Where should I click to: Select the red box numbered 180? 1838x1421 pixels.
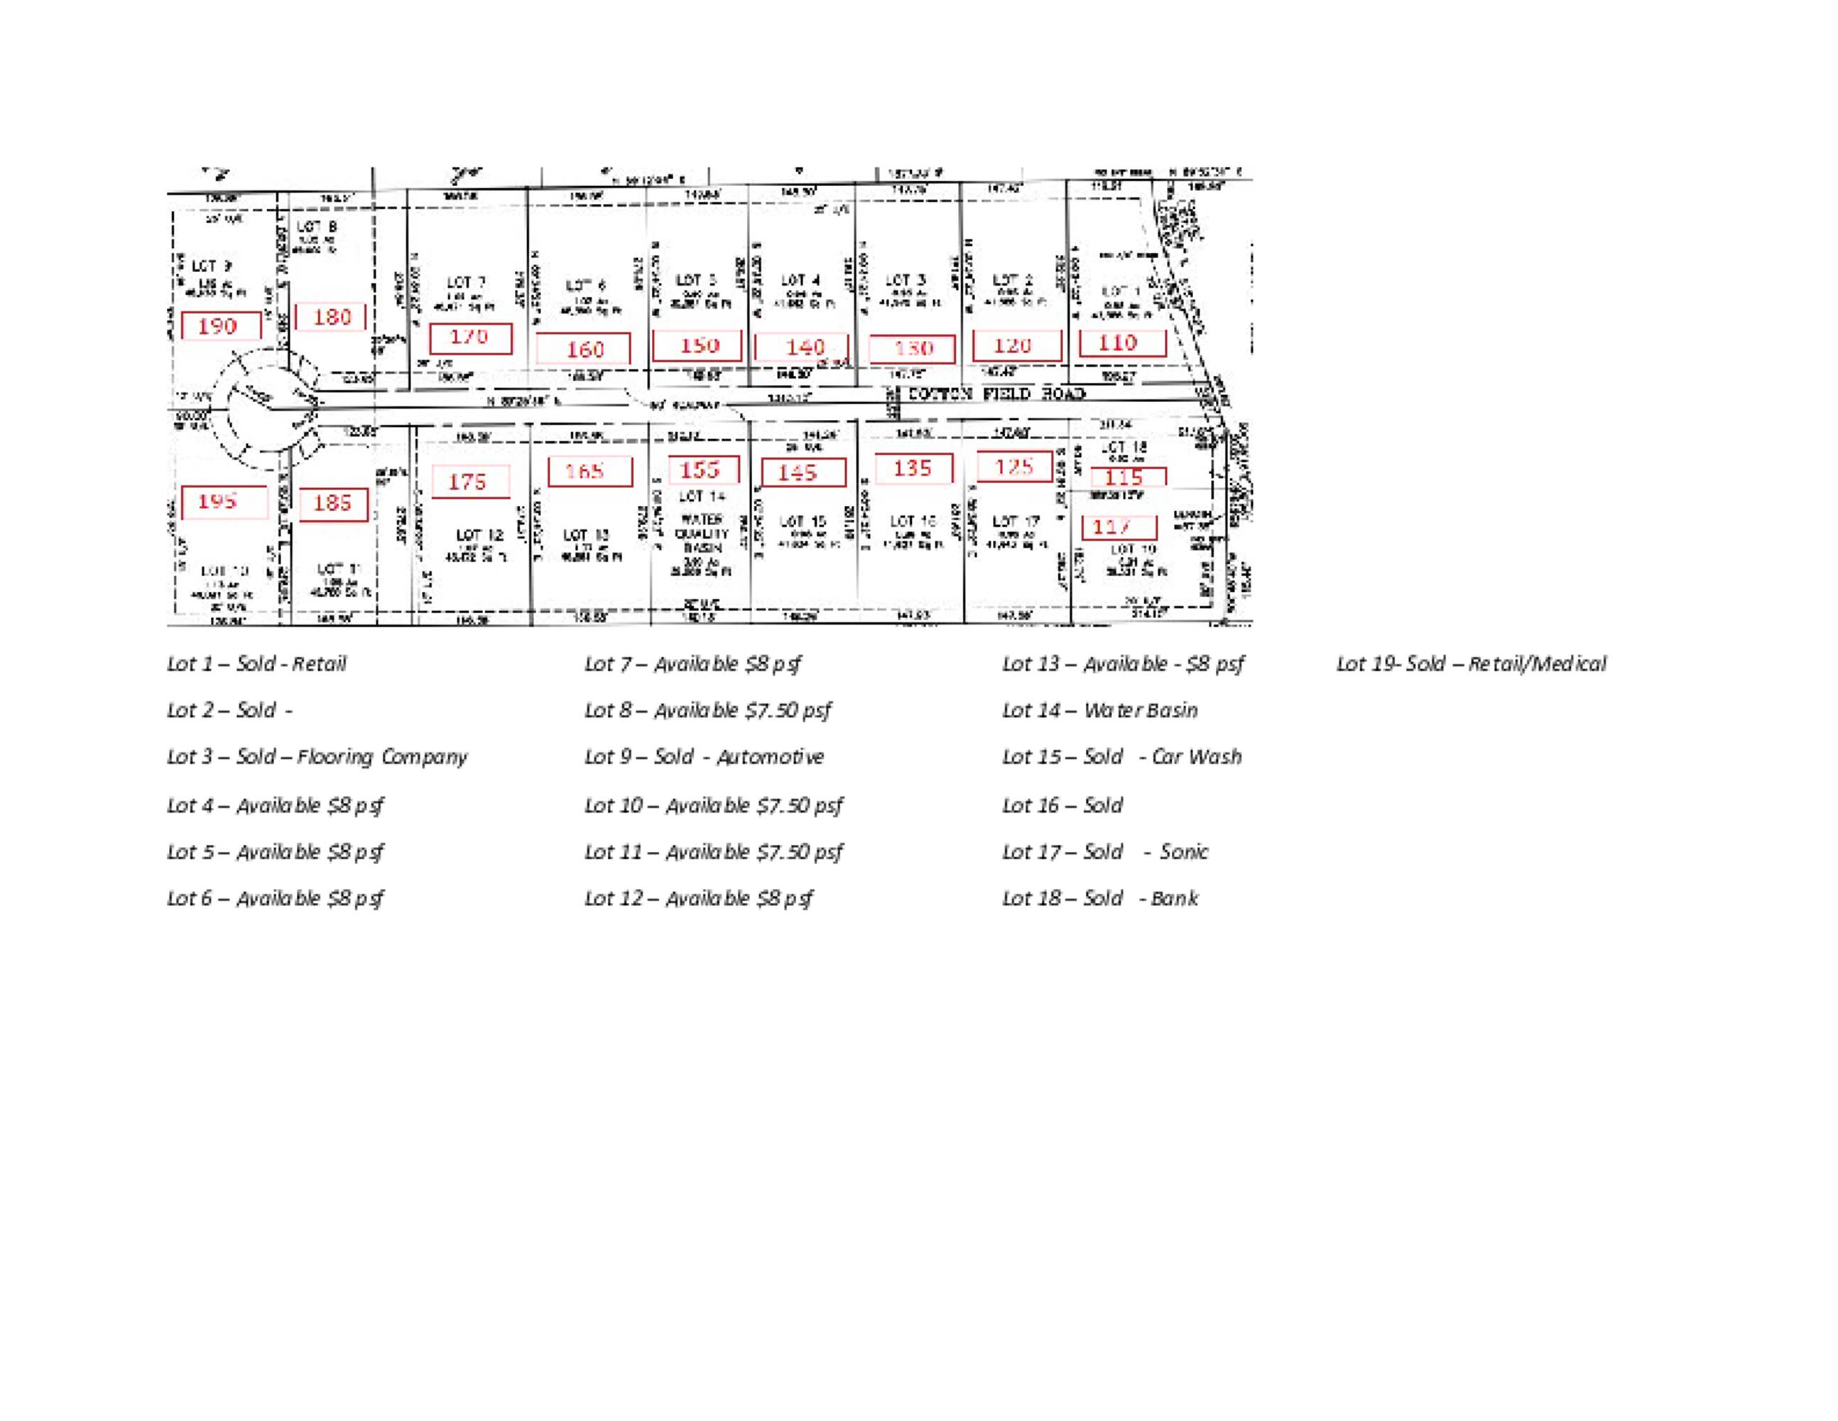(x=332, y=318)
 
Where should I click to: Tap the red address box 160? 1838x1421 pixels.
(x=584, y=349)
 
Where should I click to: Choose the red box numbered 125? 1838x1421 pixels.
(x=1014, y=466)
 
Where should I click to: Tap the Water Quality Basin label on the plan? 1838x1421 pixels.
(x=702, y=534)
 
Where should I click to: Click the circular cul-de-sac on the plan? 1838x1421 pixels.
(x=264, y=409)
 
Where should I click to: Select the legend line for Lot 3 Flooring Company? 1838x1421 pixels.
(x=317, y=757)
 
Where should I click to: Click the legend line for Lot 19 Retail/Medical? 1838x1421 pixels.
(x=1470, y=664)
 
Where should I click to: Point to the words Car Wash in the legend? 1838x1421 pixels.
(x=1196, y=757)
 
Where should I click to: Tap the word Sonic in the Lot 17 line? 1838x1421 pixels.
(x=1183, y=852)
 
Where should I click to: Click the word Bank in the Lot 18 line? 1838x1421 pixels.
(x=1174, y=898)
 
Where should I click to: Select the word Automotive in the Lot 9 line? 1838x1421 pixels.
(x=770, y=757)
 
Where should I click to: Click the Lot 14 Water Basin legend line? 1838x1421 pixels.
(x=1099, y=710)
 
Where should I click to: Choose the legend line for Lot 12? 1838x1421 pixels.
(x=699, y=898)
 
